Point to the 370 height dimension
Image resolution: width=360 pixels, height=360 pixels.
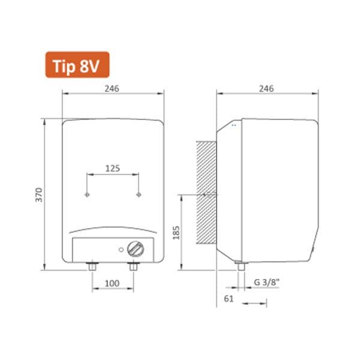[39, 194]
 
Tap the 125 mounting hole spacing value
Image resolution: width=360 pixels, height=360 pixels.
[113, 169]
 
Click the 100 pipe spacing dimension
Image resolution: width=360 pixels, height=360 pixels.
[112, 283]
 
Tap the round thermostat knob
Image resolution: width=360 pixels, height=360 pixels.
[136, 250]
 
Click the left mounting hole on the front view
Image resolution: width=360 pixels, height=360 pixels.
[88, 195]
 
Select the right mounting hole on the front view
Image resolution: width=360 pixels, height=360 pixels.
[139, 195]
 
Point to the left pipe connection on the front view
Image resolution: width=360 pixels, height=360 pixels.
[92, 266]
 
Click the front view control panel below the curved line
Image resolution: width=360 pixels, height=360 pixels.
[96, 250]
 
